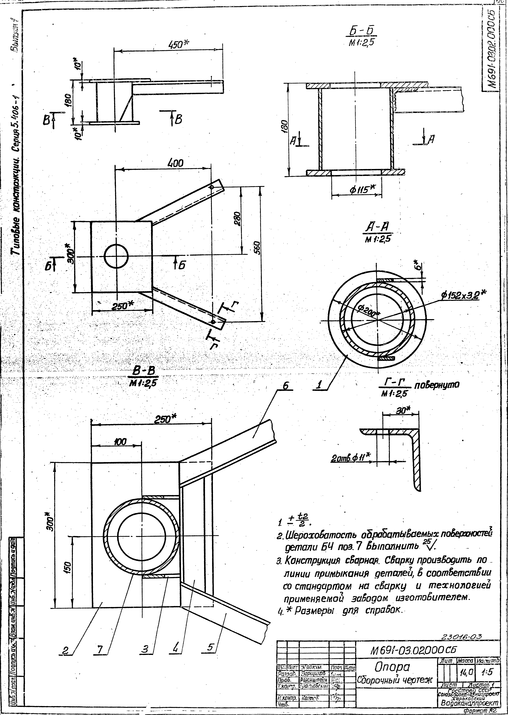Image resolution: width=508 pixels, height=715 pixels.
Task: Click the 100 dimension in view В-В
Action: tap(120, 442)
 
